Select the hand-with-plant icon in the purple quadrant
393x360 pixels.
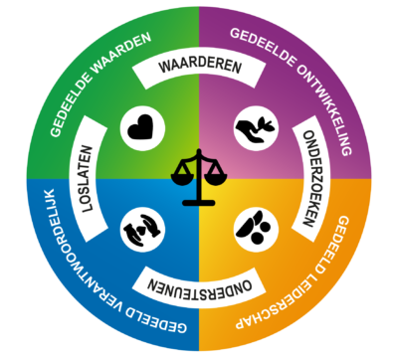(251, 128)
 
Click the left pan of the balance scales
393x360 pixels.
(180, 177)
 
